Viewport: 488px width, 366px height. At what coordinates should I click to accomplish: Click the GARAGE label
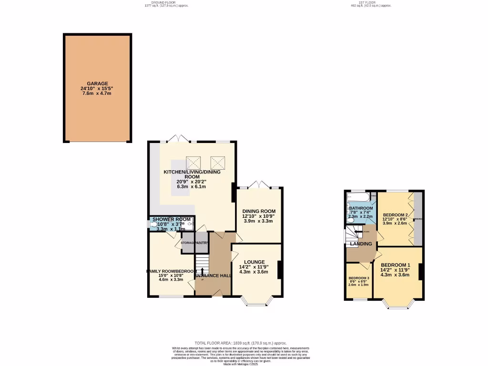pos(97,83)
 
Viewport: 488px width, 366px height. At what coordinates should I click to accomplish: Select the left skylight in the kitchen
pos(193,163)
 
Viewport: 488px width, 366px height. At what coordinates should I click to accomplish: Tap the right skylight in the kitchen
pos(216,163)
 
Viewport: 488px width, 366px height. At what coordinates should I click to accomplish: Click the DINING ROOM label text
pos(259,211)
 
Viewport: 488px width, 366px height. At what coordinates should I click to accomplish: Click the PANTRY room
pos(202,243)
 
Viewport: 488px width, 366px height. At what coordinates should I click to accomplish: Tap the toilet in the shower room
pos(153,222)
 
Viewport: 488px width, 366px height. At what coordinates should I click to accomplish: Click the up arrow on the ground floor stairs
pos(202,272)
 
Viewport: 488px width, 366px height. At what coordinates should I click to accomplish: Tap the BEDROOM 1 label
pos(395,265)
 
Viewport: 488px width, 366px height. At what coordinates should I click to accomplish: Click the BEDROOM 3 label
pos(358,278)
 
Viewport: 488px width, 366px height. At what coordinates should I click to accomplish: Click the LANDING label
pos(361,244)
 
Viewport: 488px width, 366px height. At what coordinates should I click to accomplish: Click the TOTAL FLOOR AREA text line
pos(241,343)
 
